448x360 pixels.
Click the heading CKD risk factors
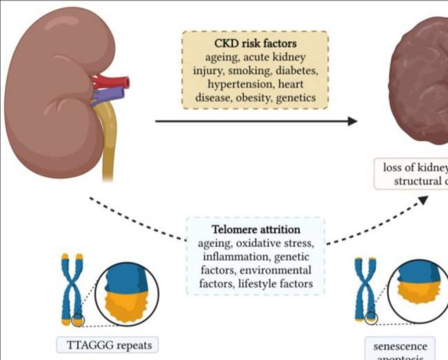pos(255,44)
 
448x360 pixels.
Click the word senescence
pos(400,346)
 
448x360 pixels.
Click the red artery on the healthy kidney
pos(111,81)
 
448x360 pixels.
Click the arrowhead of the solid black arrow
pos(351,121)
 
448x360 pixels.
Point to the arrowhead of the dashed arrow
pos(423,200)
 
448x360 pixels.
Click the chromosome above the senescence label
pos(365,289)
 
